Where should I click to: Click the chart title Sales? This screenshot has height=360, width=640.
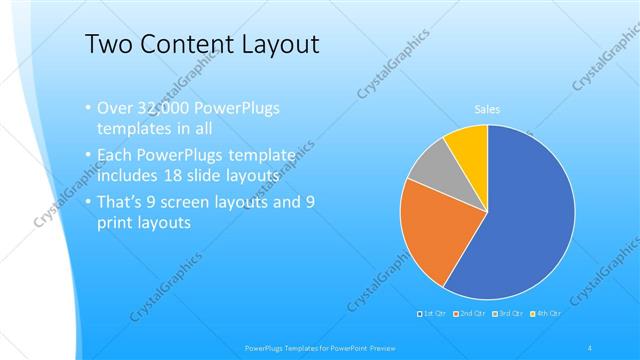(486, 110)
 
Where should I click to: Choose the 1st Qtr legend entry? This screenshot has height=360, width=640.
(433, 314)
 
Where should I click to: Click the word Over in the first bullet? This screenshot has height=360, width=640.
(114, 108)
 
